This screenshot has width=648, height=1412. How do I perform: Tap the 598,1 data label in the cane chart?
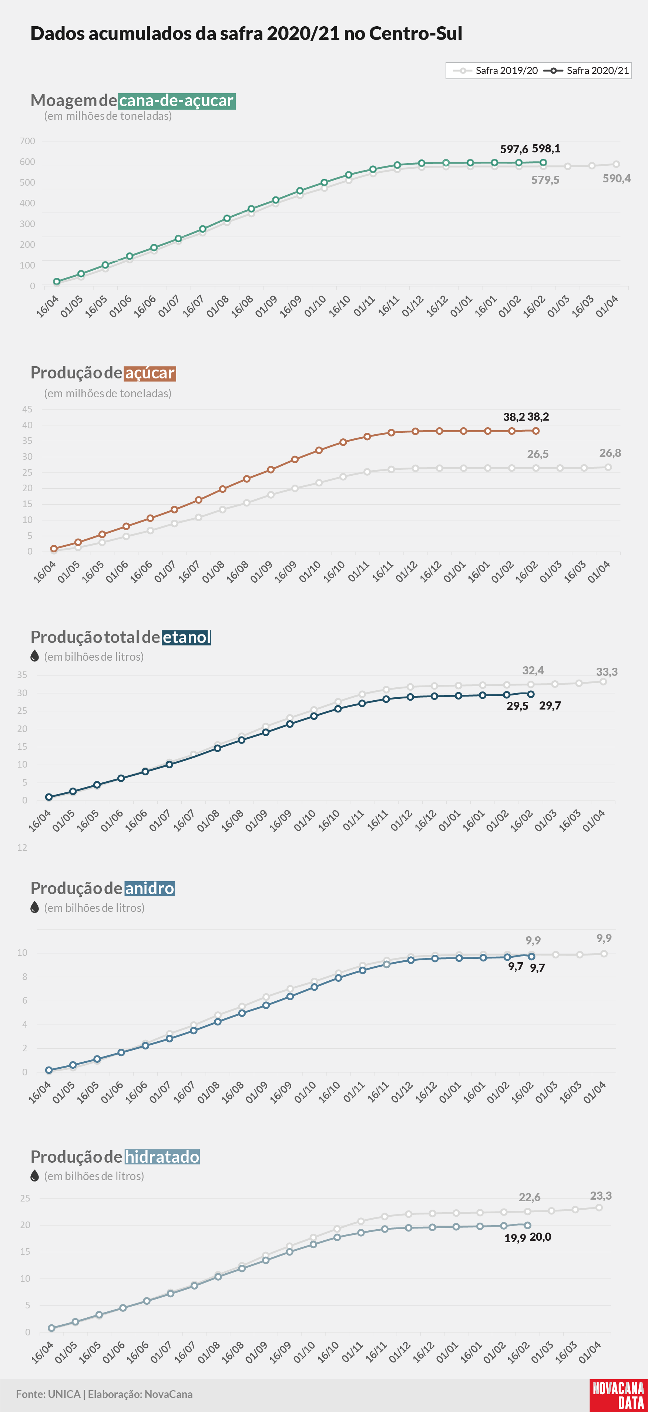(x=546, y=149)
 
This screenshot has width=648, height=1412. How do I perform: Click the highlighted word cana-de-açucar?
(x=177, y=101)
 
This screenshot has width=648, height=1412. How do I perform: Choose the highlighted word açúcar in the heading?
(x=150, y=373)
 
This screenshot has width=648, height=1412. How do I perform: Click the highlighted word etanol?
(x=187, y=637)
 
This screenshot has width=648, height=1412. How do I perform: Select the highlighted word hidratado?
(x=162, y=1157)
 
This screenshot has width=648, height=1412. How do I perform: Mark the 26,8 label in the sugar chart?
(x=610, y=453)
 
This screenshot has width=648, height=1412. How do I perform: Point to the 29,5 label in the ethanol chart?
(x=517, y=706)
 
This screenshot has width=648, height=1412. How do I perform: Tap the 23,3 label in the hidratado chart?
(x=601, y=1196)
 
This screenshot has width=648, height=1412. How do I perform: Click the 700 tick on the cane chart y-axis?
(x=27, y=141)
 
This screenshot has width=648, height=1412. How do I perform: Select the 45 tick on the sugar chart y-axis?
(x=27, y=410)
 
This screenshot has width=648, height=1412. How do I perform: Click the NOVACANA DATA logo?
(x=618, y=1395)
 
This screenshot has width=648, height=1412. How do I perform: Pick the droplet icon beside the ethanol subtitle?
(x=34, y=656)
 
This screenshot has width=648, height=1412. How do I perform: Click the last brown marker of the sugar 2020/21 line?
(x=535, y=431)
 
